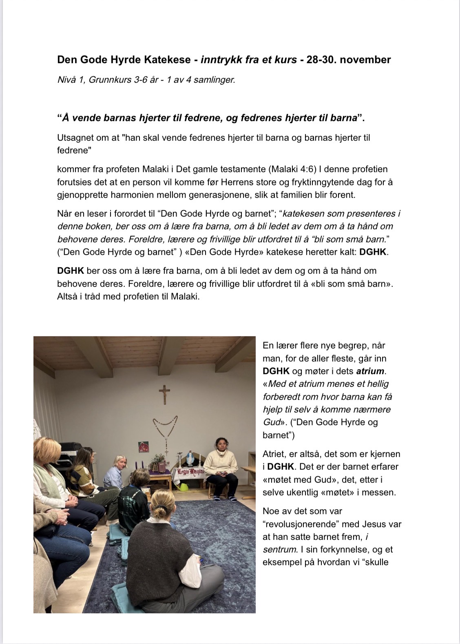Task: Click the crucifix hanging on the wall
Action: tap(164, 394)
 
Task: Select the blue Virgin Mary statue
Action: tap(189, 460)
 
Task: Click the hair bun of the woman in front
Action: tap(159, 511)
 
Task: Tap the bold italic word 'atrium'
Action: tap(370, 371)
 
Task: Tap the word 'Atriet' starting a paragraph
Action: tap(275, 454)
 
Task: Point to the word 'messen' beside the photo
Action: tap(380, 492)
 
